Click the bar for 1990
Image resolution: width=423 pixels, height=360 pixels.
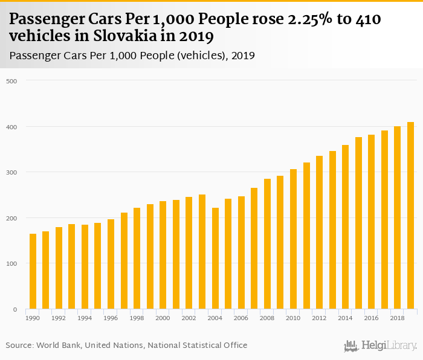click(x=33, y=271)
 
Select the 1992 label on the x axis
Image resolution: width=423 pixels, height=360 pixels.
click(x=59, y=317)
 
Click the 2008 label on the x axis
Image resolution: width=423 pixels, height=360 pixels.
click(x=267, y=317)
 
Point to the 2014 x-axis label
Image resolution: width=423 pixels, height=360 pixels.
click(x=345, y=317)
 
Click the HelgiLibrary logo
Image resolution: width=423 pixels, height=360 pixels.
click(x=381, y=346)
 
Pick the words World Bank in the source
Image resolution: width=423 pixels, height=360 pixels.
click(x=58, y=346)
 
